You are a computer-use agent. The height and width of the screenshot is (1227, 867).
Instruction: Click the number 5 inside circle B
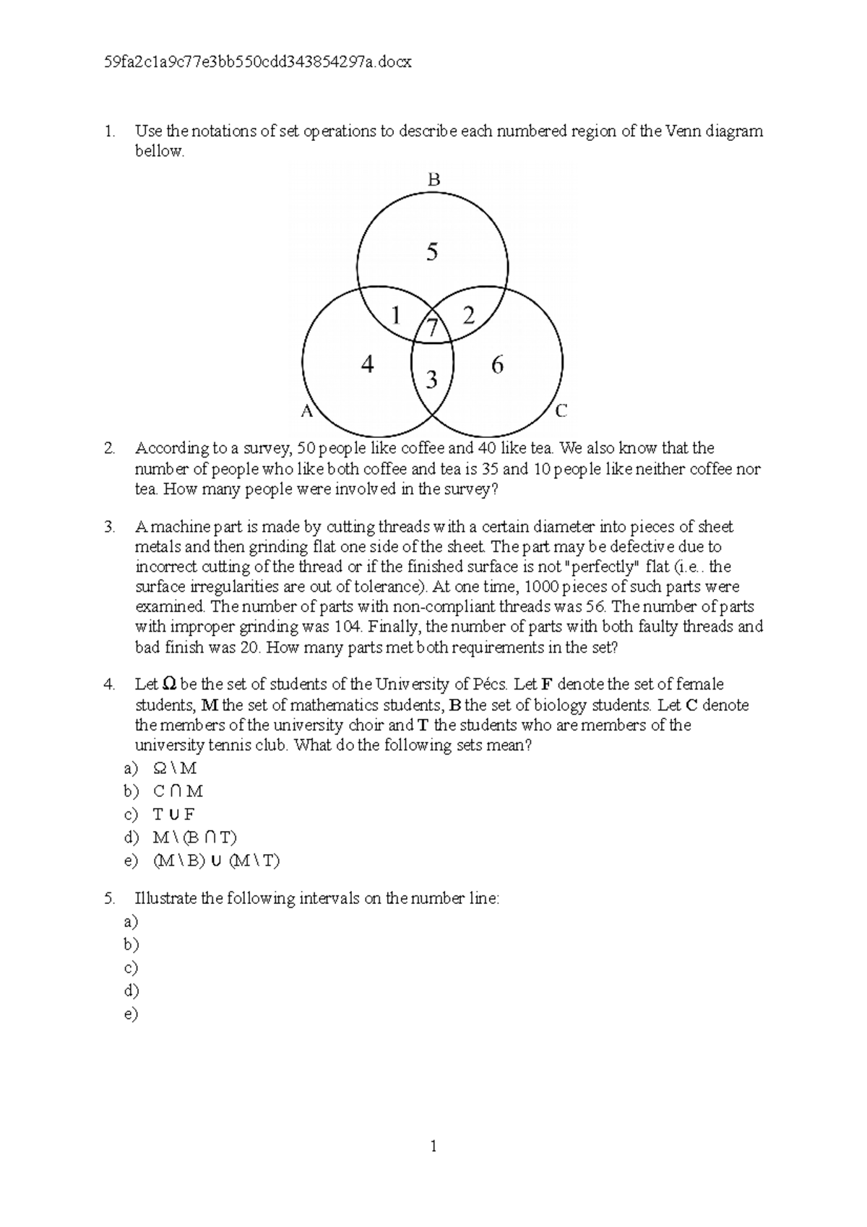[x=432, y=252]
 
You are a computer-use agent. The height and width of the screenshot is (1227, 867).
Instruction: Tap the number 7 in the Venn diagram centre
[x=433, y=329]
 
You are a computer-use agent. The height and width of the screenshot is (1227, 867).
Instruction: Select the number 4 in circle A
[x=367, y=365]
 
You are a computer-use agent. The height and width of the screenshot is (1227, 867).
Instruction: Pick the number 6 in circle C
[x=497, y=365]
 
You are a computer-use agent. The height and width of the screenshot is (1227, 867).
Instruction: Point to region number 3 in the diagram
[x=432, y=379]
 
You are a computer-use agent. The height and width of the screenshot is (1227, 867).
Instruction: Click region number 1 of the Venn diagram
[x=395, y=315]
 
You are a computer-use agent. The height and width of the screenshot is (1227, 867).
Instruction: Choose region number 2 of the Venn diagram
[x=470, y=315]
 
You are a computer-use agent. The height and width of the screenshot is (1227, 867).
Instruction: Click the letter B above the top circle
[x=433, y=180]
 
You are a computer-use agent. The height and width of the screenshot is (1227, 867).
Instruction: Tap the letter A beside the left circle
[x=307, y=411]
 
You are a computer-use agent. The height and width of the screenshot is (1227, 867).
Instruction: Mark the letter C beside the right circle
[x=561, y=411]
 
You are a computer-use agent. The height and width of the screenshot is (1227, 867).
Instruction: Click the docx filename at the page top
[x=258, y=62]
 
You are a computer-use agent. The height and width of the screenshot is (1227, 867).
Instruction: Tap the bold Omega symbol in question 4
[x=169, y=684]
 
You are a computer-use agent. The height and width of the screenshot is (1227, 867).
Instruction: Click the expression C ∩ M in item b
[x=178, y=791]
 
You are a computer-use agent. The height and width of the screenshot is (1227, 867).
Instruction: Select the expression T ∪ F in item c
[x=173, y=814]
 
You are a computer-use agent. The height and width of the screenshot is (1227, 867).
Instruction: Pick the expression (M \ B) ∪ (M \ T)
[x=216, y=861]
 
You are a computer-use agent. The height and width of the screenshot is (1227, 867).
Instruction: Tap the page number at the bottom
[x=433, y=1146]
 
